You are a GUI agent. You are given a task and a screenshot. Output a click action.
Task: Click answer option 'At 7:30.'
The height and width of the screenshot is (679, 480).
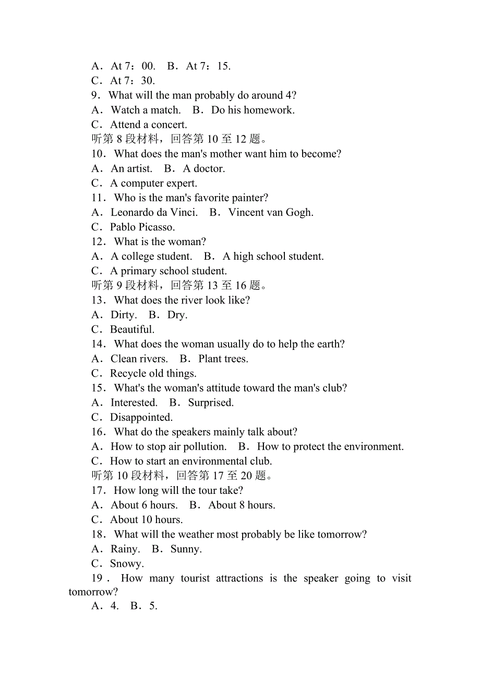133,81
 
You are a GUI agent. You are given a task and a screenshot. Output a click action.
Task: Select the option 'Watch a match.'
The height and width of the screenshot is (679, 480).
146,110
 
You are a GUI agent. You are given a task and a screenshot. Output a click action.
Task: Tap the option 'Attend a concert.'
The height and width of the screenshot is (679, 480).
148,125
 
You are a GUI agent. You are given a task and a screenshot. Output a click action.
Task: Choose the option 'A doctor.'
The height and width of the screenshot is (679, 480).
204,168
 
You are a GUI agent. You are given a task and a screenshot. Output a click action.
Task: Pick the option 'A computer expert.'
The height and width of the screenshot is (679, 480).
153,183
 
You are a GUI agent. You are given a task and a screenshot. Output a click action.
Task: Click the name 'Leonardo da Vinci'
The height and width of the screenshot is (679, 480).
153,212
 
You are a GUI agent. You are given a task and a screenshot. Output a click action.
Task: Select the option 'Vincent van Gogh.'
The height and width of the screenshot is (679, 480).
271,212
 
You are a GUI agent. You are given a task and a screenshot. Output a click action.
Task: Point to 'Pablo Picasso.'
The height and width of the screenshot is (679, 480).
142,227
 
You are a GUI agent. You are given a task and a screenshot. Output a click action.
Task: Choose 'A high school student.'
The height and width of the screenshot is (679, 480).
273,256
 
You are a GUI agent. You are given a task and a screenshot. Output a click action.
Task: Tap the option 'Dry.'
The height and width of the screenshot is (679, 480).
177,314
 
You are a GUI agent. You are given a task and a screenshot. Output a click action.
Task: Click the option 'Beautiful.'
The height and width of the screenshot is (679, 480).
132,329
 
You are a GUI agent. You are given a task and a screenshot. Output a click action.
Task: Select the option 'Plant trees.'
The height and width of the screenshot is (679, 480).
223,358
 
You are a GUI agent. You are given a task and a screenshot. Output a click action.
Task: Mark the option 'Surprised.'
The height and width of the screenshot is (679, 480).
211,403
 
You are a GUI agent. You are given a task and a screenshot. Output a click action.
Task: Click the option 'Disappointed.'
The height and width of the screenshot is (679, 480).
141,417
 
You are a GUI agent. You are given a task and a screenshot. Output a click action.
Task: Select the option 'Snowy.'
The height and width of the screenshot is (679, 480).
127,563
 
